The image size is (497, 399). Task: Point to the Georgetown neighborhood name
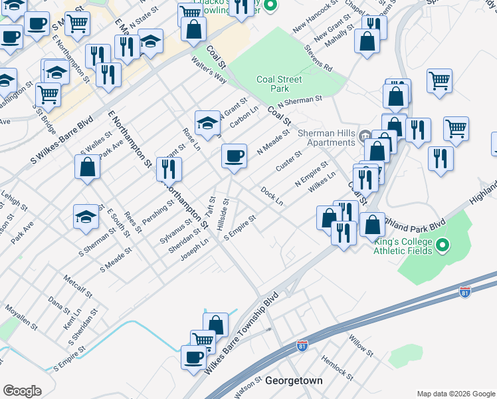294,381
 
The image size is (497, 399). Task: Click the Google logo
22,391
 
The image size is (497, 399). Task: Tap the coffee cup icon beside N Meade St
234,156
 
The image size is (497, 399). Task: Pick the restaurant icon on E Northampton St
169,170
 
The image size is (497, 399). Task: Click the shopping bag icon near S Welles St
88,168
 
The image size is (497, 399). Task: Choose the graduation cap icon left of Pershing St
86,217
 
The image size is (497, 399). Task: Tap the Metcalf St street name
77,283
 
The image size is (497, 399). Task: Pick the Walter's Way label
209,70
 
